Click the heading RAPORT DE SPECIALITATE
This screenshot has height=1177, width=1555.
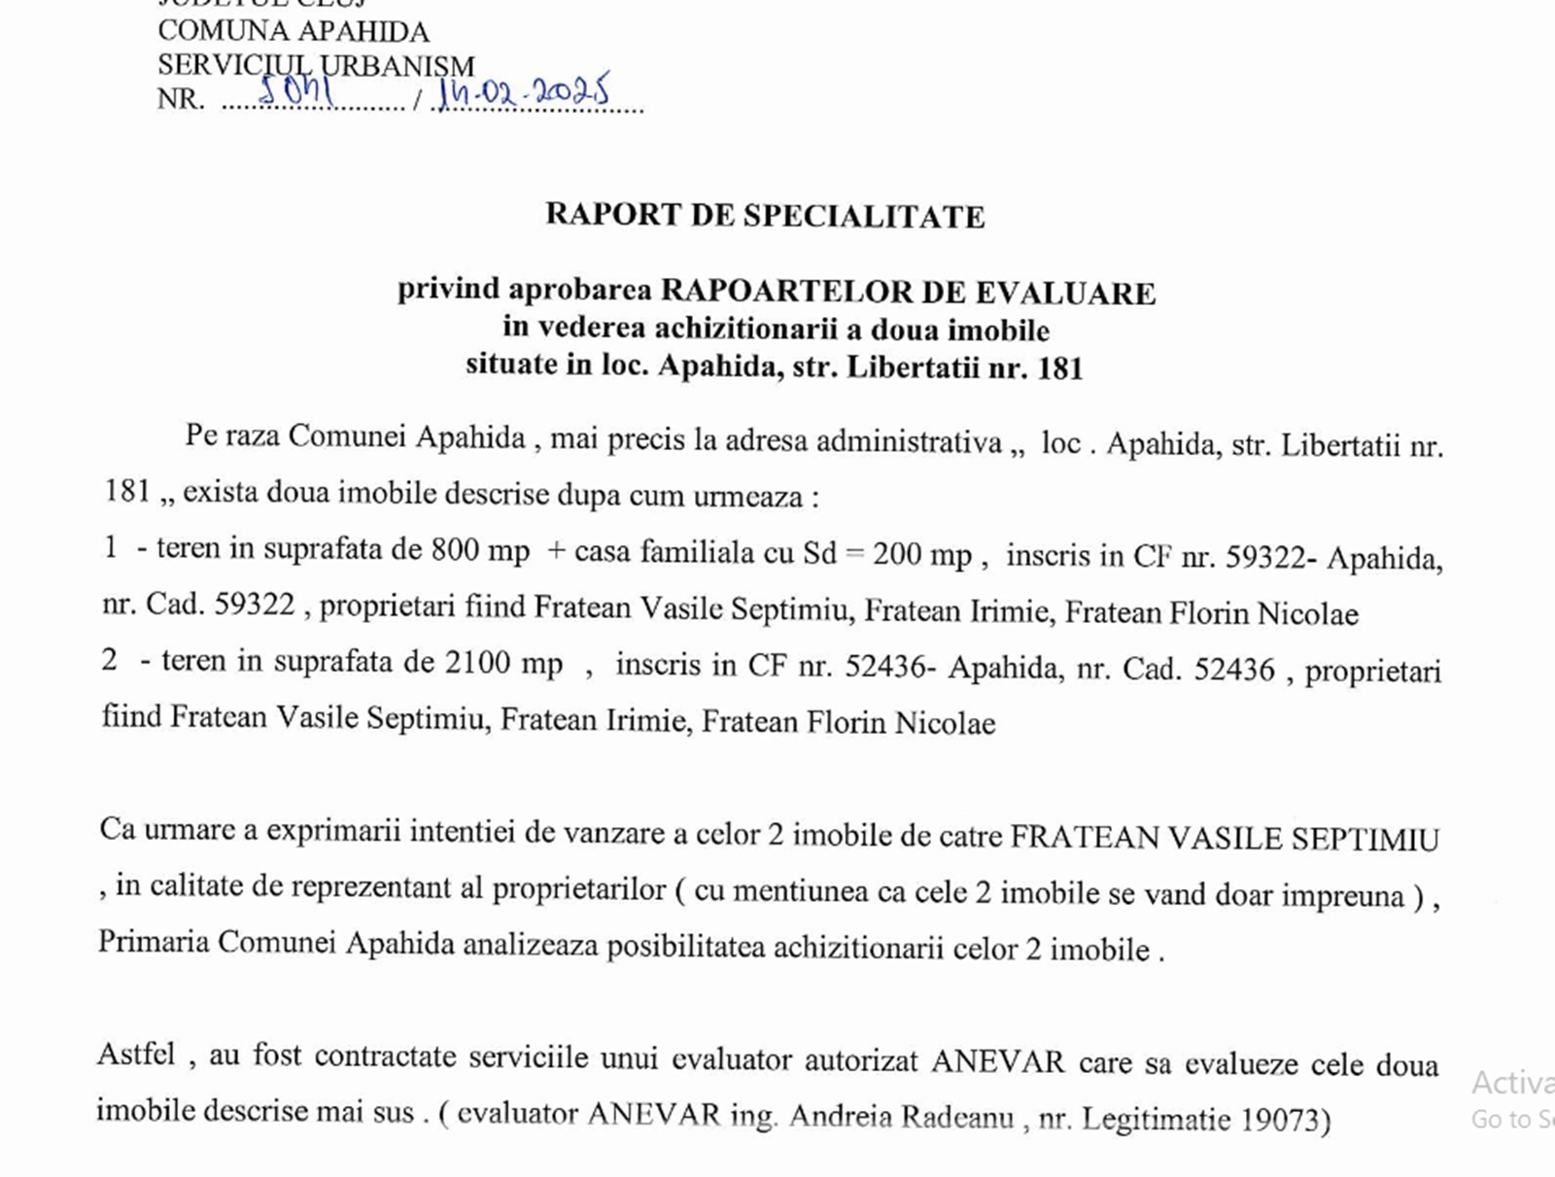(x=765, y=215)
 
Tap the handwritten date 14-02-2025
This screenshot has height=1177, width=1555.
(x=524, y=92)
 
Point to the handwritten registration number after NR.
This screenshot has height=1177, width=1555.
(x=296, y=92)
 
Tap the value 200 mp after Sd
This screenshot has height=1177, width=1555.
(x=921, y=554)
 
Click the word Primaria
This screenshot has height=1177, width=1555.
(x=154, y=942)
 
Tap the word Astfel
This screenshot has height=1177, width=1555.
(x=136, y=1055)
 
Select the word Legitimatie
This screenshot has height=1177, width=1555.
(x=1157, y=1119)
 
